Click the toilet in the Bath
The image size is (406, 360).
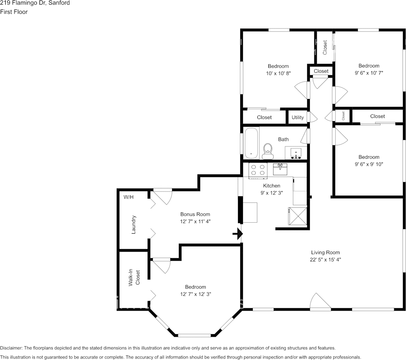tap(268, 151)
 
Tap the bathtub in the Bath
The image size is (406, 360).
tap(251, 143)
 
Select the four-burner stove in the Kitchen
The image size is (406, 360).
tap(258, 170)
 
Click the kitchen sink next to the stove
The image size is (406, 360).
tap(280, 169)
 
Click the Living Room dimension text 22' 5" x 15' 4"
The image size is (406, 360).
tap(325, 260)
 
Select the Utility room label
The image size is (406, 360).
tap(298, 117)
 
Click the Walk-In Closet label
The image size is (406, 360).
tap(134, 278)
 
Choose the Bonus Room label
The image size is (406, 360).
tap(195, 214)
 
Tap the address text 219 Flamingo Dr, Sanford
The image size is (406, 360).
tap(35, 3)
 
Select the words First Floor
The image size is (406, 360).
tap(14, 12)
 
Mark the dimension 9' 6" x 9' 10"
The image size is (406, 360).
tap(368, 164)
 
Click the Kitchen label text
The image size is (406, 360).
tap(271, 186)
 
